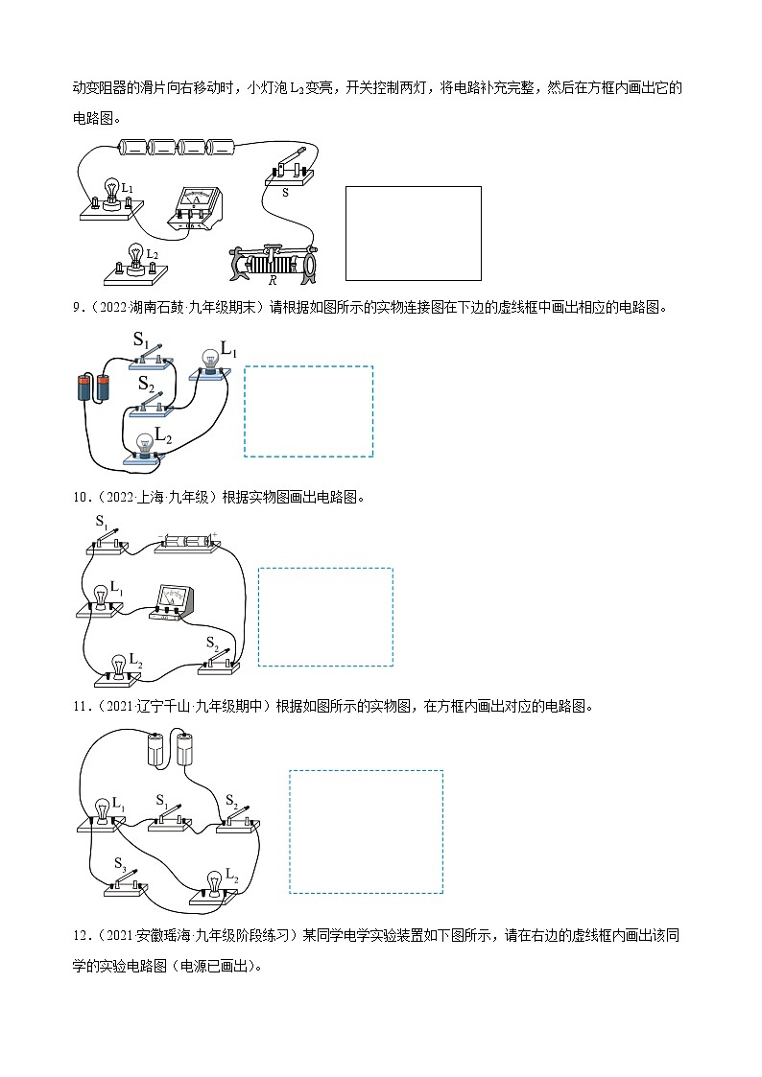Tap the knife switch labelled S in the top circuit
point(288,169)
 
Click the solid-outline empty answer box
point(413,232)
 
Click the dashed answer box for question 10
point(325,617)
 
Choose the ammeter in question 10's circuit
point(175,603)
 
